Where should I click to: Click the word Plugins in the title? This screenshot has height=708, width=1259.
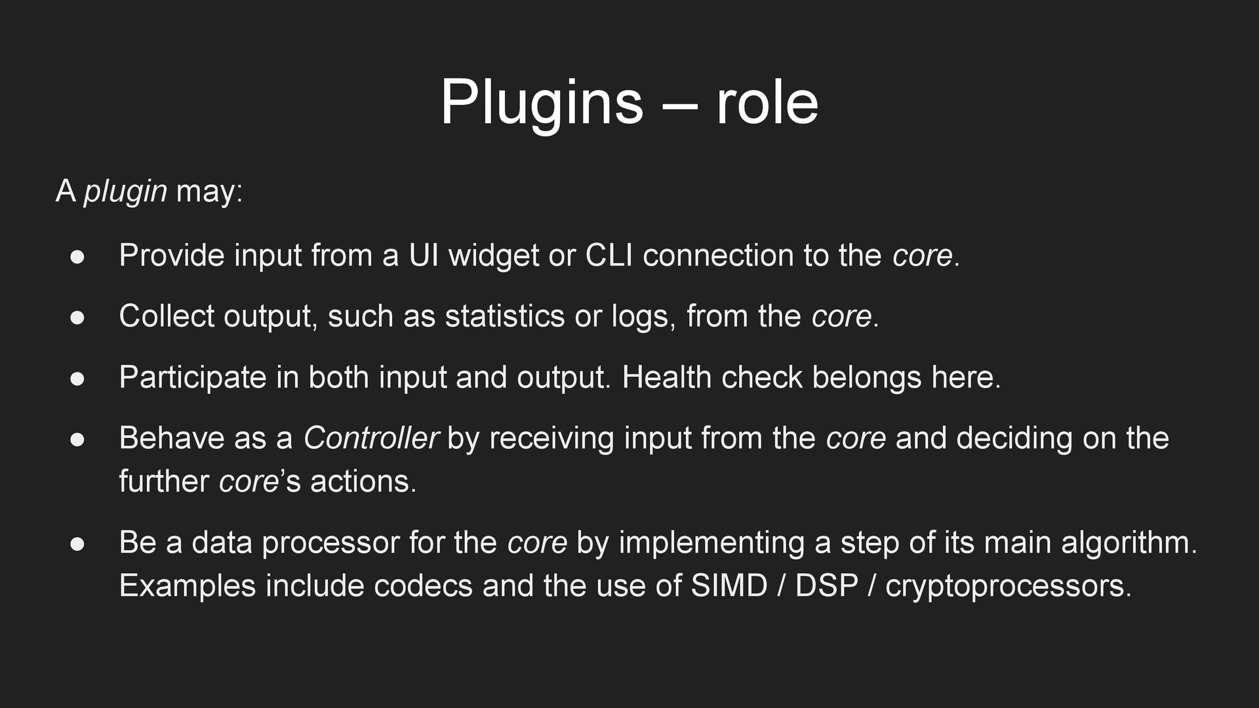click(x=542, y=103)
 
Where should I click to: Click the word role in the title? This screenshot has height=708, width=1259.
click(x=767, y=103)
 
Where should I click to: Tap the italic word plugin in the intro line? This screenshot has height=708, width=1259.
click(x=125, y=192)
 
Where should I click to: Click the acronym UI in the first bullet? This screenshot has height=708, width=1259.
click(x=424, y=256)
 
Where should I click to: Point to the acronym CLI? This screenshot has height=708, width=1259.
click(x=609, y=256)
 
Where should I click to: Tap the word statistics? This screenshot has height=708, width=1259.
click(x=505, y=317)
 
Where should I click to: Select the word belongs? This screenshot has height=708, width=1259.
click(x=867, y=378)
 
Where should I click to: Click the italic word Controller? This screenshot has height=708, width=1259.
click(x=370, y=439)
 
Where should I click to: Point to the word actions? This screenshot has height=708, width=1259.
click(x=363, y=482)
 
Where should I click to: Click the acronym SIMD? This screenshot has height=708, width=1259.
click(x=729, y=586)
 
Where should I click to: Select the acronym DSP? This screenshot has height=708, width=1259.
click(x=826, y=586)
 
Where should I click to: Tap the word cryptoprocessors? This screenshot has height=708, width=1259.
click(x=1008, y=586)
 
